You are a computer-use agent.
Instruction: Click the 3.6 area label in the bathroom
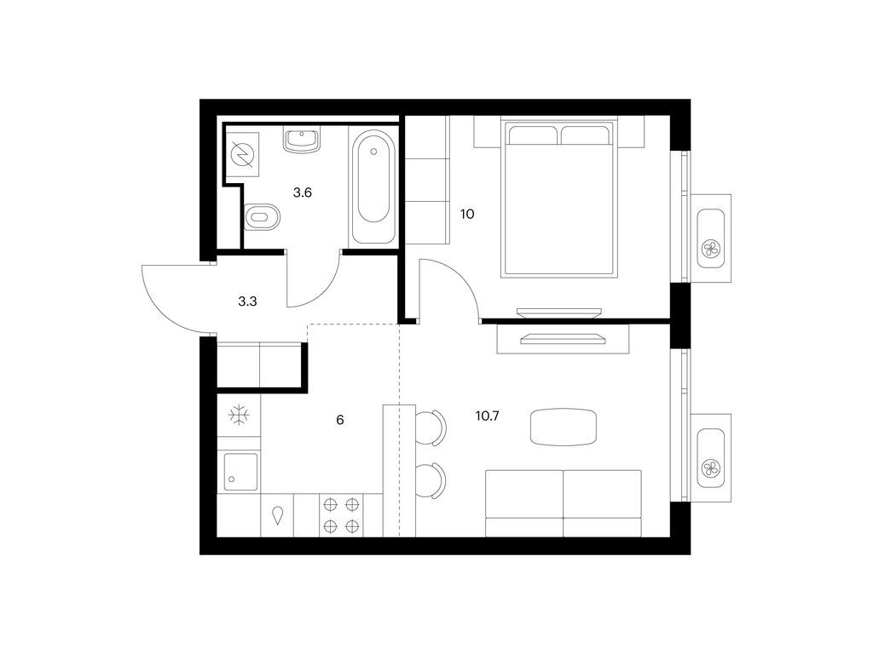click(302, 192)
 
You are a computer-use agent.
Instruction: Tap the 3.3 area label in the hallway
click(247, 300)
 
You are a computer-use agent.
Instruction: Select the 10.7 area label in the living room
click(487, 416)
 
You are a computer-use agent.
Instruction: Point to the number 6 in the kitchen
click(339, 419)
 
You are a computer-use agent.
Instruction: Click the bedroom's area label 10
click(466, 214)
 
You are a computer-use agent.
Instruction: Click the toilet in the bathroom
click(261, 218)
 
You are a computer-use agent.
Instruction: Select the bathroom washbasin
click(301, 140)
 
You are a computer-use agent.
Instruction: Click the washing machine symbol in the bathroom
click(242, 156)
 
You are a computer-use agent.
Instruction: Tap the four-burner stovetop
click(339, 514)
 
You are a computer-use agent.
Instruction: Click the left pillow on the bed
click(533, 135)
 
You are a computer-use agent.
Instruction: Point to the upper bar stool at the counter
click(432, 427)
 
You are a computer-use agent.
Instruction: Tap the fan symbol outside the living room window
click(709, 468)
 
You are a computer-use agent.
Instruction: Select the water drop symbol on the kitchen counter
click(278, 514)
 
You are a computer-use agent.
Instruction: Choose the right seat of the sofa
click(602, 503)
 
